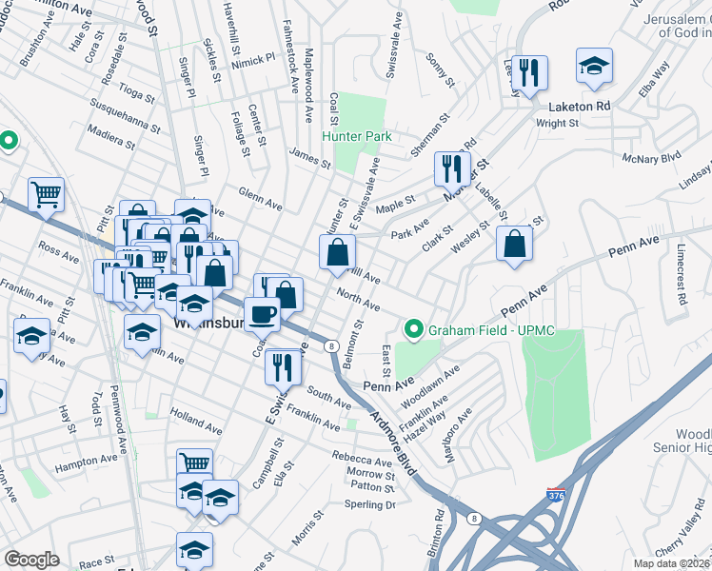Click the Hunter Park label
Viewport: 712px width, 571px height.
[357, 137]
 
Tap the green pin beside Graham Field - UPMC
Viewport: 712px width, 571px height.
[414, 331]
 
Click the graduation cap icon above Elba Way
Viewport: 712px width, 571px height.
[594, 65]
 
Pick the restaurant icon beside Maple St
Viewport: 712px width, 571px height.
[451, 168]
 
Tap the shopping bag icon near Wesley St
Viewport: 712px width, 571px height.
[514, 245]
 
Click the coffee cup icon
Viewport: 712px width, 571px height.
[262, 313]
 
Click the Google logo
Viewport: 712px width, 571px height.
[31, 560]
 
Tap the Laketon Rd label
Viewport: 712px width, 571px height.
[578, 107]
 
